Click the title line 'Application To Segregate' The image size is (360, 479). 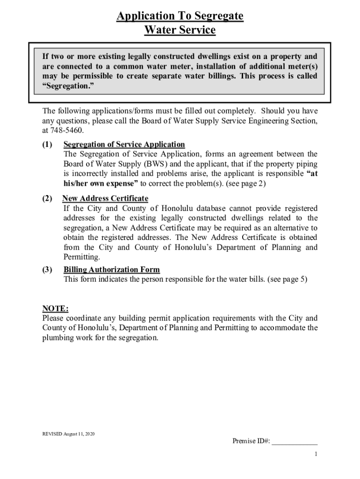pos(180,16)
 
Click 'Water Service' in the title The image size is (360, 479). pos(180,30)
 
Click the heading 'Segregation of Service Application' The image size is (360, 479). pos(124,144)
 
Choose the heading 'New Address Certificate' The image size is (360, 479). pos(105,198)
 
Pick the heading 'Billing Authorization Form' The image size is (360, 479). pos(111,269)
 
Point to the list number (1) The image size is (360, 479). pos(47,144)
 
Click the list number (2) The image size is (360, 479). pos(47,198)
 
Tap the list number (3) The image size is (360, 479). pos(47,269)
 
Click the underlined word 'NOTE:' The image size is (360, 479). pos(56,308)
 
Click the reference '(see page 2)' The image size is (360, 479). pos(246,183)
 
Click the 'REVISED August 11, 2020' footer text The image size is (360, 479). pos(68,434)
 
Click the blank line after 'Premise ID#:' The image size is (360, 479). pos(295,441)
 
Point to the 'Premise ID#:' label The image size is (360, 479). pos(251,441)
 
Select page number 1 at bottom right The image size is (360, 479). pos(316,455)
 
